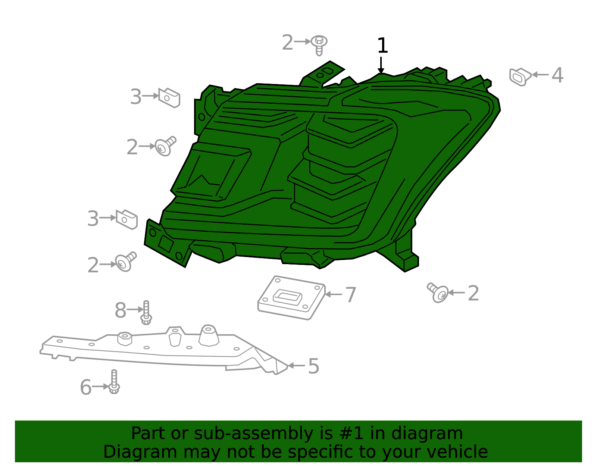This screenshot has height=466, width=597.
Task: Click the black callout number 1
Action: coord(382,46)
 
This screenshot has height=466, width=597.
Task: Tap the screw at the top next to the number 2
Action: coord(319,44)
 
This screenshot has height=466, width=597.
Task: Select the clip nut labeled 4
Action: coord(520,76)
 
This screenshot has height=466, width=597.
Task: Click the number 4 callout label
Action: coord(557,75)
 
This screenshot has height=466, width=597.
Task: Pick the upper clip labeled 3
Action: coord(169,98)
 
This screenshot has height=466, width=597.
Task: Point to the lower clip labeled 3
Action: coord(127,219)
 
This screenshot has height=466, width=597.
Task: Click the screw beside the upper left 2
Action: coord(165,146)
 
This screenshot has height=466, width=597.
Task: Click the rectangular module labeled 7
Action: coord(291,298)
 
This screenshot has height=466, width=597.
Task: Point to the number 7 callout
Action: coord(350,295)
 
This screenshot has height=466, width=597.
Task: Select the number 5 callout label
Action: coord(313,366)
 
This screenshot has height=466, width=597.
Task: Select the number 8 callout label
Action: coord(120,310)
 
